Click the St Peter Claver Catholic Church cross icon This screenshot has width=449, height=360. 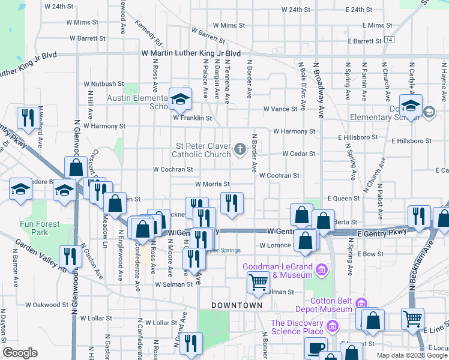[240, 148]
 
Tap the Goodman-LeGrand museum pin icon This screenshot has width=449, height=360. [322, 270]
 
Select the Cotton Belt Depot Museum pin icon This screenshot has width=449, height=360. [360, 303]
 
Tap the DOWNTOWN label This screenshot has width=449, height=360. [240, 305]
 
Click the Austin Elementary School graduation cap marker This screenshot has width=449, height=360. [179, 100]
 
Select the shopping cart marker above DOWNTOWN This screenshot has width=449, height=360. [259, 281]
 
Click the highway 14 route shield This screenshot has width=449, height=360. [390, 40]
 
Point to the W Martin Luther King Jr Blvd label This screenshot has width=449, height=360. [191, 54]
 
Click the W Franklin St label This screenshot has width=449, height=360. [192, 118]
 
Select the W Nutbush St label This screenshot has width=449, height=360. [103, 84]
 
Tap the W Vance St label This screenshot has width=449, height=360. [280, 109]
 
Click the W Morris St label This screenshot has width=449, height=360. [212, 184]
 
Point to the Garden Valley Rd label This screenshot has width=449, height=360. [41, 252]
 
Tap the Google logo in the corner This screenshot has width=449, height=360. [20, 353]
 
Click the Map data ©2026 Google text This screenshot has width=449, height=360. [411, 355]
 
